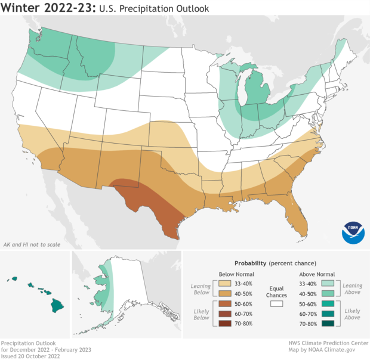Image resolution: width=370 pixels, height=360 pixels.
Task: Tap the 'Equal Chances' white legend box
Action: [x=276, y=303]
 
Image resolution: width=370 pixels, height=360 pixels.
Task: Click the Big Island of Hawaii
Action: [x=57, y=306]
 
